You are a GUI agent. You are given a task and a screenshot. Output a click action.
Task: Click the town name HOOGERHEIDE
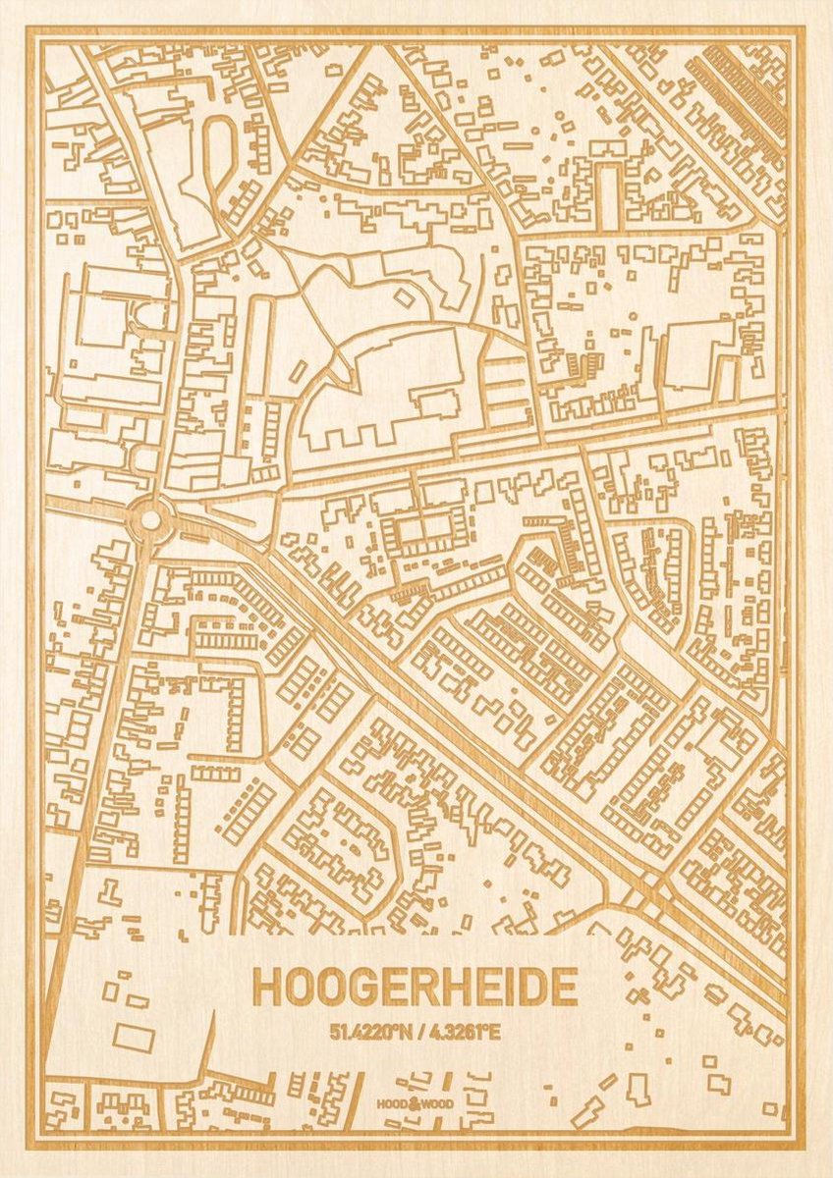click(414, 988)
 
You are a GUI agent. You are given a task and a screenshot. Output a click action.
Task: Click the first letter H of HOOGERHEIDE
click(265, 988)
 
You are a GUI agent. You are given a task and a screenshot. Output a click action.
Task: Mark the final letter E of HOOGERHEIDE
click(565, 988)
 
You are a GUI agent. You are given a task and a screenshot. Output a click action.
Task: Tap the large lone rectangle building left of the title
click(133, 1038)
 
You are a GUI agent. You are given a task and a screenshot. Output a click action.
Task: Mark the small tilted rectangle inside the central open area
click(402, 294)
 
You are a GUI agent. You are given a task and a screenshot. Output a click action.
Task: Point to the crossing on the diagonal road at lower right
click(643, 889)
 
